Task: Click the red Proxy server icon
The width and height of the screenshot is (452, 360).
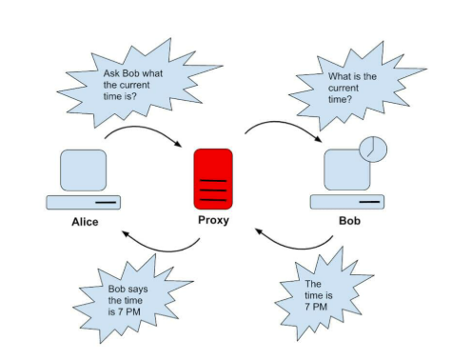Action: pyautogui.click(x=213, y=178)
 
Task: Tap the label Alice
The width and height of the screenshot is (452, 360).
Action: pyautogui.click(x=84, y=223)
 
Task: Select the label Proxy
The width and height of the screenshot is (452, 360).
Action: pyautogui.click(x=213, y=222)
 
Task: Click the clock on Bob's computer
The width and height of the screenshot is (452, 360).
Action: pyautogui.click(x=373, y=149)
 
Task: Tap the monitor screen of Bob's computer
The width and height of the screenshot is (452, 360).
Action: pyautogui.click(x=344, y=170)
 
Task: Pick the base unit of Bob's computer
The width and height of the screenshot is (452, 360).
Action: pyautogui.click(x=348, y=202)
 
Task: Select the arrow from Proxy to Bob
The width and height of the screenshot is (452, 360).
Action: pyautogui.click(x=285, y=127)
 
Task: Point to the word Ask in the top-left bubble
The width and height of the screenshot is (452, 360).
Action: pyautogui.click(x=110, y=71)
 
